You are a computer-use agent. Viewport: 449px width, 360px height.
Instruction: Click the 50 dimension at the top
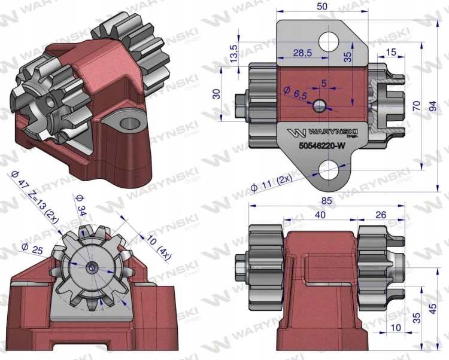click(322, 7)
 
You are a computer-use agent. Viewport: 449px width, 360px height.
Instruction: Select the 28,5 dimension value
click(302, 53)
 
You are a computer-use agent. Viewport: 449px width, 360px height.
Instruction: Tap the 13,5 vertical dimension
click(233, 54)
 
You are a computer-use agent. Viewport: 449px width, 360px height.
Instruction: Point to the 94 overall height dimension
click(434, 106)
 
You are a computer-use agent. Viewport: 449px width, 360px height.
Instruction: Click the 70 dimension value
click(417, 106)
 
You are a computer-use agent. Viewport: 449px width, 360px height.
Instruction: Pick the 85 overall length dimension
click(326, 201)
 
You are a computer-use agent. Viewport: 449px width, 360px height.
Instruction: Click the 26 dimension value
click(381, 215)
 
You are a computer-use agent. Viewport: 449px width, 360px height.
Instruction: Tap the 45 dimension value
click(433, 309)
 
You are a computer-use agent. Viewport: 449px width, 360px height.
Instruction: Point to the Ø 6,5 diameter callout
click(295, 92)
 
